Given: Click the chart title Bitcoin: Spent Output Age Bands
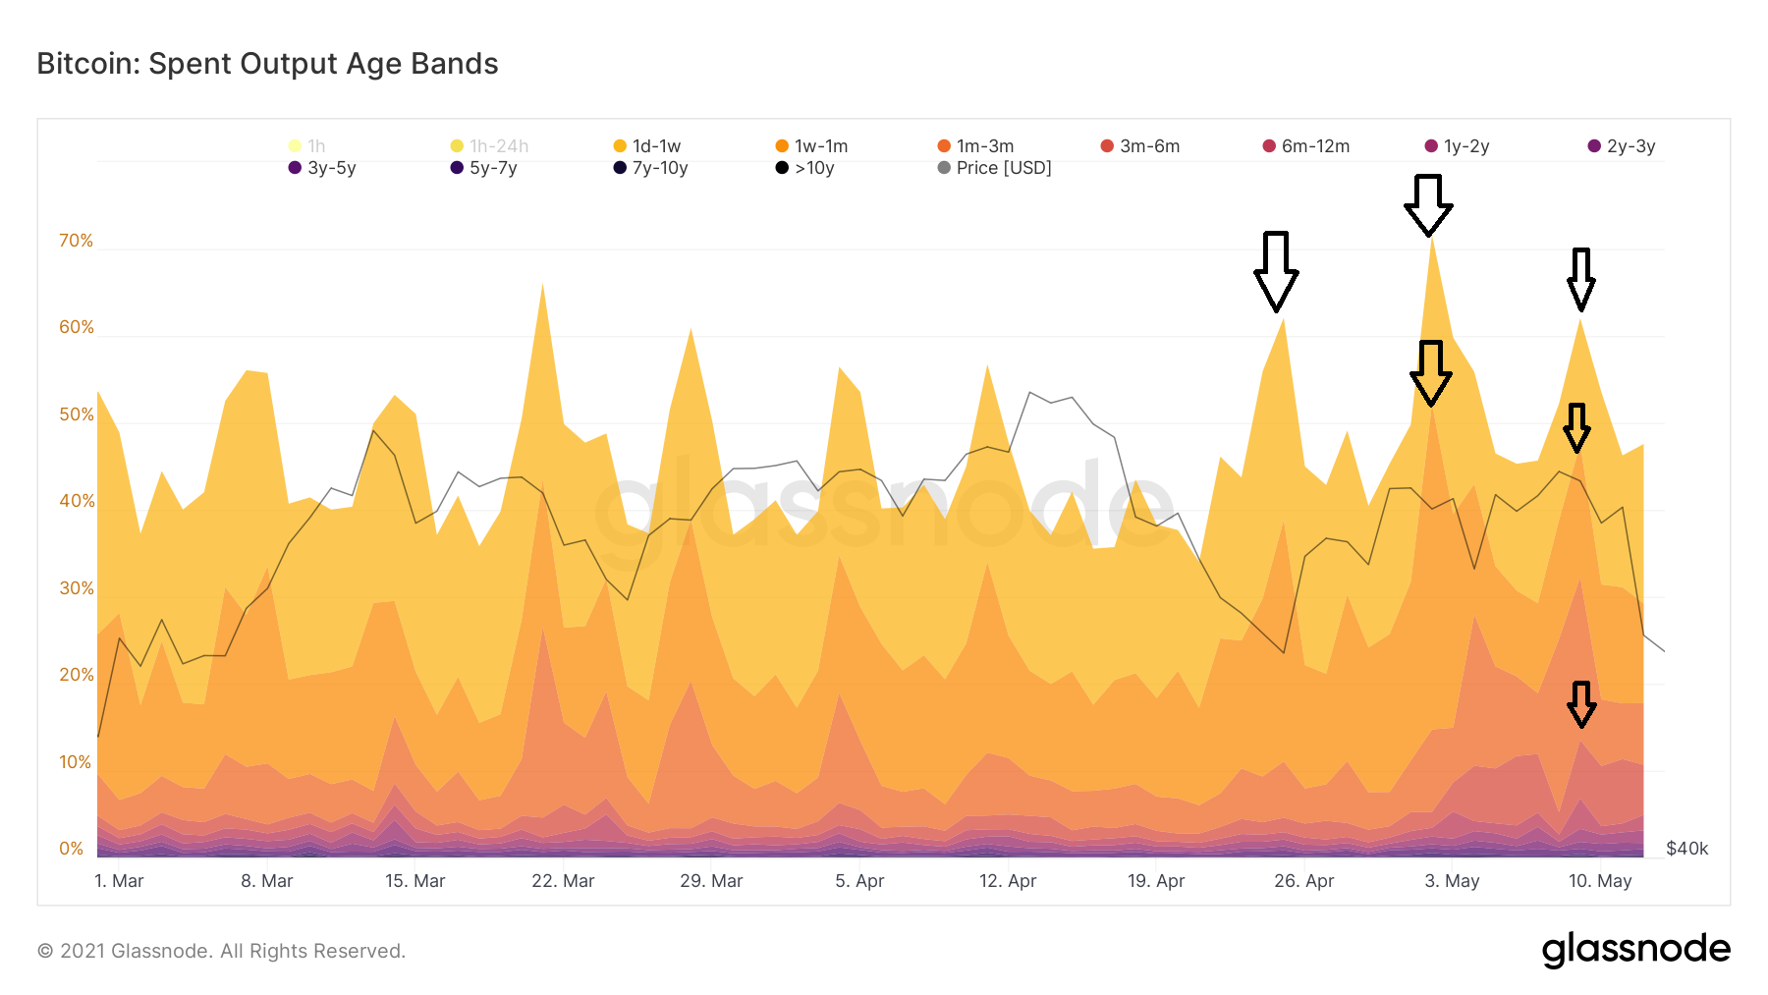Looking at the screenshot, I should [x=267, y=64].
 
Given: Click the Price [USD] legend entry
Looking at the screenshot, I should [x=994, y=168].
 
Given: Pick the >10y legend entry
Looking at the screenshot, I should [x=805, y=168].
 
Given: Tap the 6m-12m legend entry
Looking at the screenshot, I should [x=1306, y=146].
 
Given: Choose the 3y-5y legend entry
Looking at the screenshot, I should [x=322, y=168].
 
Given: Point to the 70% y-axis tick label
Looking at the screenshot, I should [x=76, y=241].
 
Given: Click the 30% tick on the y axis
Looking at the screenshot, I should [x=76, y=588].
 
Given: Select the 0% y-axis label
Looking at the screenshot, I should [x=71, y=849].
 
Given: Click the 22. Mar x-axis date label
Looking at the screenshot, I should [x=563, y=881].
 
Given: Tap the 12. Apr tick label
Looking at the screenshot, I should [x=1008, y=881].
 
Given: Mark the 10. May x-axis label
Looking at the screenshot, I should [x=1600, y=881].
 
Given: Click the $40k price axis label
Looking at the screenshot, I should [x=1687, y=849].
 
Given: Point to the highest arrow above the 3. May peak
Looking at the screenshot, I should [x=1427, y=205].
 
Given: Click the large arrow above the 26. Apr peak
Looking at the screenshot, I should [x=1276, y=271].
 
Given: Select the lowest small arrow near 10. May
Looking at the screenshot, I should [x=1580, y=704].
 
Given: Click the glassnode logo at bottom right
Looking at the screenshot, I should [x=1635, y=950].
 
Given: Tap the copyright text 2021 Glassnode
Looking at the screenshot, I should [x=221, y=951].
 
